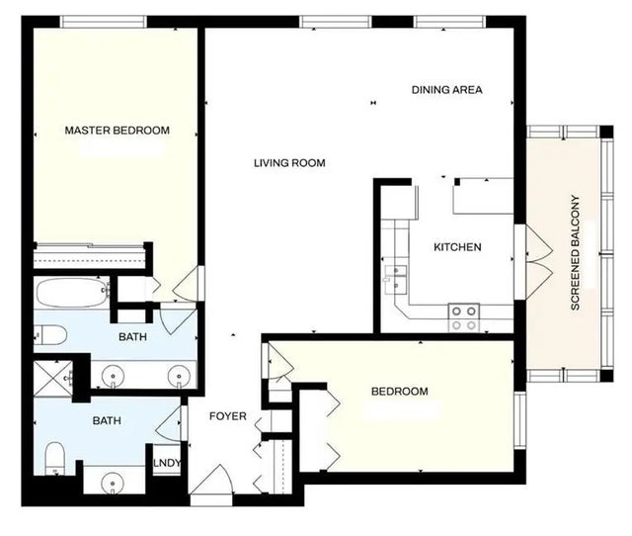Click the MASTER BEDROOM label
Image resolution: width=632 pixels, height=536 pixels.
117,131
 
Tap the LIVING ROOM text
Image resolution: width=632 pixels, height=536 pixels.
288,163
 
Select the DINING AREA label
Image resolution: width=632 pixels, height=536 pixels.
446,90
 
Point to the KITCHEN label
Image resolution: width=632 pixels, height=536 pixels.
457,247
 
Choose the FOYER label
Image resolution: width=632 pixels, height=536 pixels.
227,416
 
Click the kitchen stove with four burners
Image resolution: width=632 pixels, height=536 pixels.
464,317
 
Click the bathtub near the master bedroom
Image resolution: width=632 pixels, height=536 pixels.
71,294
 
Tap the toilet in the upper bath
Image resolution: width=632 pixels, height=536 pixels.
51,335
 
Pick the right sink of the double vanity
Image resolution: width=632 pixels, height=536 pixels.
179,376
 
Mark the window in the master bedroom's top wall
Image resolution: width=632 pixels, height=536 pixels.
104,21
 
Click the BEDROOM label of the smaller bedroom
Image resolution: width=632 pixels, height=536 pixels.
399,392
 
